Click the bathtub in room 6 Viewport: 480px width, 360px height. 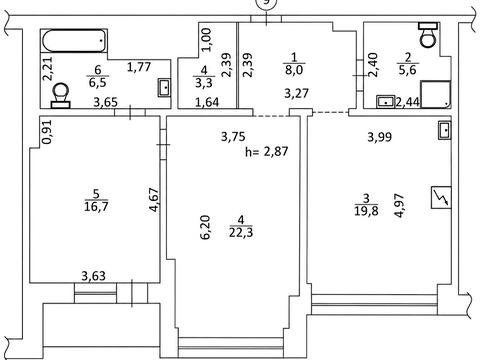point(74,41)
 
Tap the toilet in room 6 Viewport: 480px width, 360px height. point(61,96)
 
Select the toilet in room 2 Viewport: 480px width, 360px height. point(428,35)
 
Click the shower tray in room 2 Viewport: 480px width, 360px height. point(436,94)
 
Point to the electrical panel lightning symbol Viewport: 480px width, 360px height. point(441,197)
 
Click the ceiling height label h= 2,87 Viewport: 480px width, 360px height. point(266,152)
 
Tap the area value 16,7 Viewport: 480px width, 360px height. point(96,207)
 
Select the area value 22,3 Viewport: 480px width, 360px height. point(241,232)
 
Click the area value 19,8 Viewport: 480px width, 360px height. point(366,211)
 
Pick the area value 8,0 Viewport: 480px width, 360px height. point(294,70)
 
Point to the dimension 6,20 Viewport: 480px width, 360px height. point(205,227)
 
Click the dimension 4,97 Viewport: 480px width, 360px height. point(399,205)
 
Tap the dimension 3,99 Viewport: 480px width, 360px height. point(380,137)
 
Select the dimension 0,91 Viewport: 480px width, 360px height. point(48,132)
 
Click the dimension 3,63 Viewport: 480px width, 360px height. point(94,276)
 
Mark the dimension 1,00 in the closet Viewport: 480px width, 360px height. point(206,39)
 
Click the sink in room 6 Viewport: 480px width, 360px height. point(165,88)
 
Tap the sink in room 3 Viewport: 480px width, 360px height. point(445,131)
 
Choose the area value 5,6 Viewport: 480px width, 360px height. point(407,70)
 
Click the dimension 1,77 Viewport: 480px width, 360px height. point(139,67)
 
